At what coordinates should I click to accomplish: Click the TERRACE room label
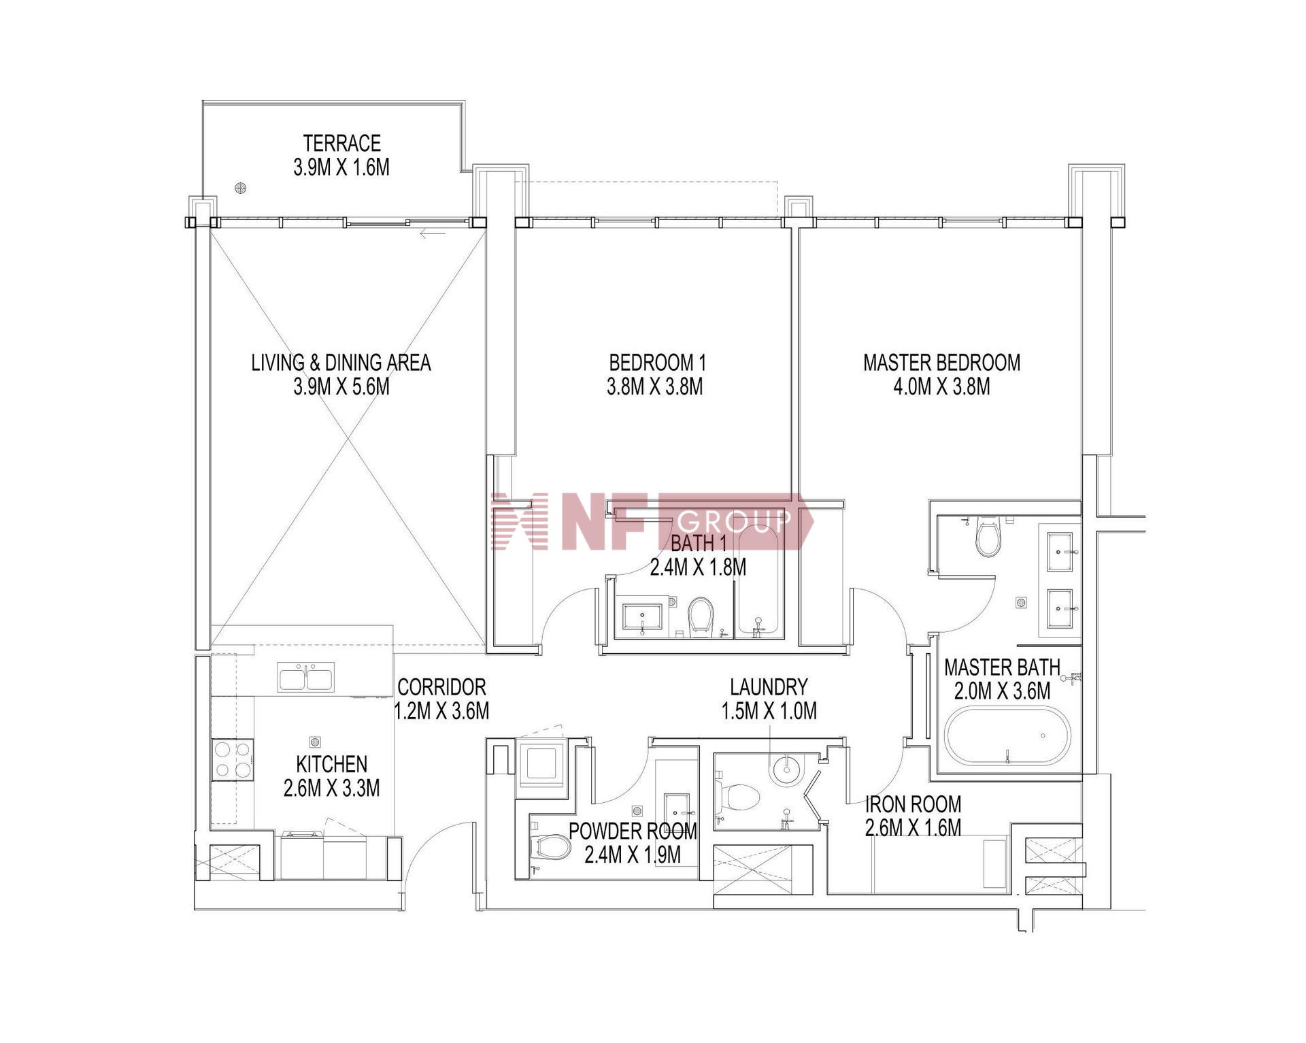(341, 144)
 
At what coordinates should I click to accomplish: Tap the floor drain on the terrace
(239, 188)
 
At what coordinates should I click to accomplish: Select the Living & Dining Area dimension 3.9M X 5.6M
(341, 386)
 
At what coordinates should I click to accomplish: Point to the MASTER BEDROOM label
(941, 362)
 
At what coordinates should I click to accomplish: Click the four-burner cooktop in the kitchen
(233, 759)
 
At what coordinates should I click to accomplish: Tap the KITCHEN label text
(332, 764)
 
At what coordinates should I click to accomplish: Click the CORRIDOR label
(442, 686)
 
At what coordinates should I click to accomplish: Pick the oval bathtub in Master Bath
(1007, 736)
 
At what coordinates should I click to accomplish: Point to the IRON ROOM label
(913, 804)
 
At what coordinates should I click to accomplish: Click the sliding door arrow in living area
(433, 235)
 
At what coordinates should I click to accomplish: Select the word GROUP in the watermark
(734, 521)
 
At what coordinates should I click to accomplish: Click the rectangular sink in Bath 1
(643, 617)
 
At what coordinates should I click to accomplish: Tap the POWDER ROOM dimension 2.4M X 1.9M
(633, 855)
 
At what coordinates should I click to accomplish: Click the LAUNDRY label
(769, 686)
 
